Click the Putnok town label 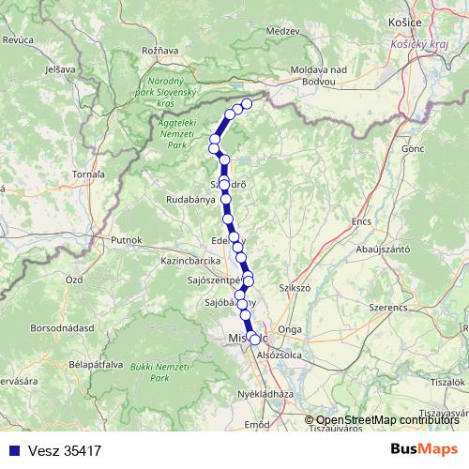pyautogui.click(x=125, y=240)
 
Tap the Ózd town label pyautogui.click(x=74, y=280)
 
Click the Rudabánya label pyautogui.click(x=192, y=199)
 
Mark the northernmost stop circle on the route pyautogui.click(x=248, y=103)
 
